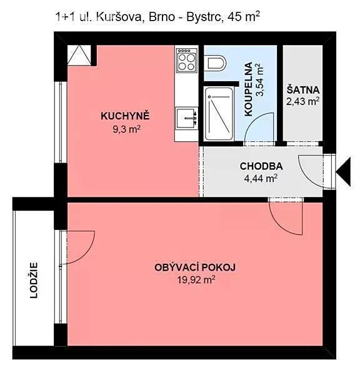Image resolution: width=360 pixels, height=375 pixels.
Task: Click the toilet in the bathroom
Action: coord(215,63)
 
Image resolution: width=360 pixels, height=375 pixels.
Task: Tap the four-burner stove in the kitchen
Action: coord(187,60)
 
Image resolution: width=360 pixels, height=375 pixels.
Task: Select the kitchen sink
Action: coord(187,118)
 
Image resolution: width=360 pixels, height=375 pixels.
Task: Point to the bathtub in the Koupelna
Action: coord(219,113)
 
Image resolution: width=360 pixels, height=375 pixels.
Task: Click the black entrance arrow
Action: coord(343,172)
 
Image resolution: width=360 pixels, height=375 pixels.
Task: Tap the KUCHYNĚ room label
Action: coord(125,116)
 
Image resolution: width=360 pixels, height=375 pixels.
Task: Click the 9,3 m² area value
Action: coord(126,130)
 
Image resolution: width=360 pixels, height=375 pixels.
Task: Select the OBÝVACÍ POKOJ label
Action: coord(195,267)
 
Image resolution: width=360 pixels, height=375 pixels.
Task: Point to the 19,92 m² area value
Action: coord(196,279)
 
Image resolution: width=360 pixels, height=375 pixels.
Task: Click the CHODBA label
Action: coord(261,166)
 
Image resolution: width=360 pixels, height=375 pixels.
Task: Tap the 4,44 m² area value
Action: coord(261,178)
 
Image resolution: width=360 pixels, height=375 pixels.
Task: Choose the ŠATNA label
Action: coord(303,89)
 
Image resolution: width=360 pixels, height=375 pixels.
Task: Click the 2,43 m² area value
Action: coord(303,101)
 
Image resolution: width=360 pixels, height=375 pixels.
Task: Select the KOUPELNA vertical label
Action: coord(249,89)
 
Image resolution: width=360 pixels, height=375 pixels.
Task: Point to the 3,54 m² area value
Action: coord(260,79)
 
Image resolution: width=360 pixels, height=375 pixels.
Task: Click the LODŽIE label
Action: coord(34,280)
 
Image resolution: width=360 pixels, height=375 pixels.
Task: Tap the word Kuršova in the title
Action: coord(119,17)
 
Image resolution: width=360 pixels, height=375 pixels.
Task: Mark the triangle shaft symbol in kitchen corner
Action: coord(79,55)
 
